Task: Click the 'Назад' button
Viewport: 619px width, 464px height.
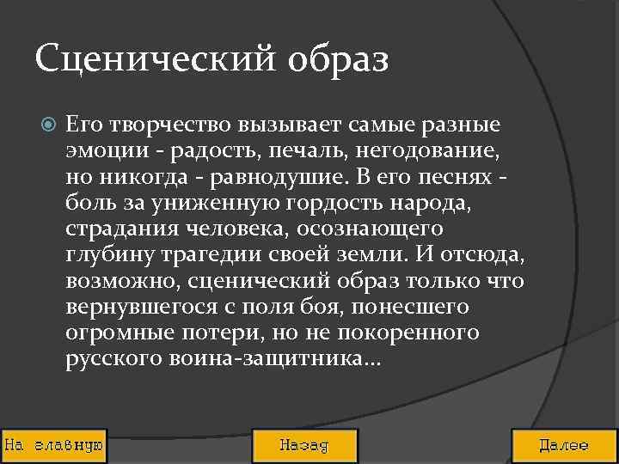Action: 303,446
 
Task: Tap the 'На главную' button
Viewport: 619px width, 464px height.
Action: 54,446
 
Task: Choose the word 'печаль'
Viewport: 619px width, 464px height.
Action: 284,152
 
